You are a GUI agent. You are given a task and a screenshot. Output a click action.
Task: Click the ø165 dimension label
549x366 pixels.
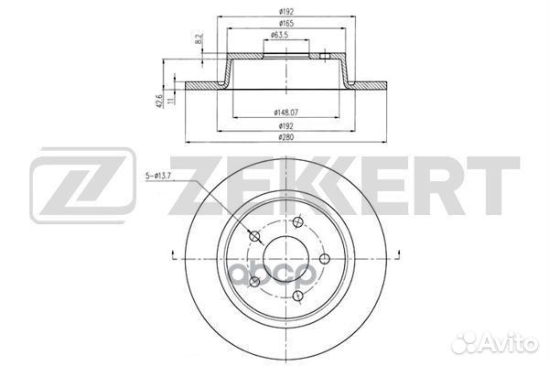click(x=286, y=24)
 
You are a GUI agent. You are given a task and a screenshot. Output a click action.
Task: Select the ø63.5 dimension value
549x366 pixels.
click(x=280, y=35)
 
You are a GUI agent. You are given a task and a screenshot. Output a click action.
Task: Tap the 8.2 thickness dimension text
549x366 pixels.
click(x=199, y=38)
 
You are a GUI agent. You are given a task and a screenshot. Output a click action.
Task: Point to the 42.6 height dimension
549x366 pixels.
click(x=159, y=101)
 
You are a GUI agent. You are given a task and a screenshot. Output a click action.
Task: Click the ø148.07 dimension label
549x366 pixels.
click(x=286, y=113)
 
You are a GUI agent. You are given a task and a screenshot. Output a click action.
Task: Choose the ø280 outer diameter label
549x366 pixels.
click(x=286, y=137)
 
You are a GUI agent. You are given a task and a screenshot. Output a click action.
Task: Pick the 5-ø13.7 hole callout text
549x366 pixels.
click(x=158, y=177)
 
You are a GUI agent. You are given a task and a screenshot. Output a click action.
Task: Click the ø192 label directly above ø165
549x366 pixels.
click(x=286, y=12)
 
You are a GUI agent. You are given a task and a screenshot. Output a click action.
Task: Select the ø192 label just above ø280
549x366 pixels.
click(x=286, y=125)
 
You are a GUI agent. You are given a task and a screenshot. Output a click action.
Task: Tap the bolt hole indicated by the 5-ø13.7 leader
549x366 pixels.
click(x=254, y=236)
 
